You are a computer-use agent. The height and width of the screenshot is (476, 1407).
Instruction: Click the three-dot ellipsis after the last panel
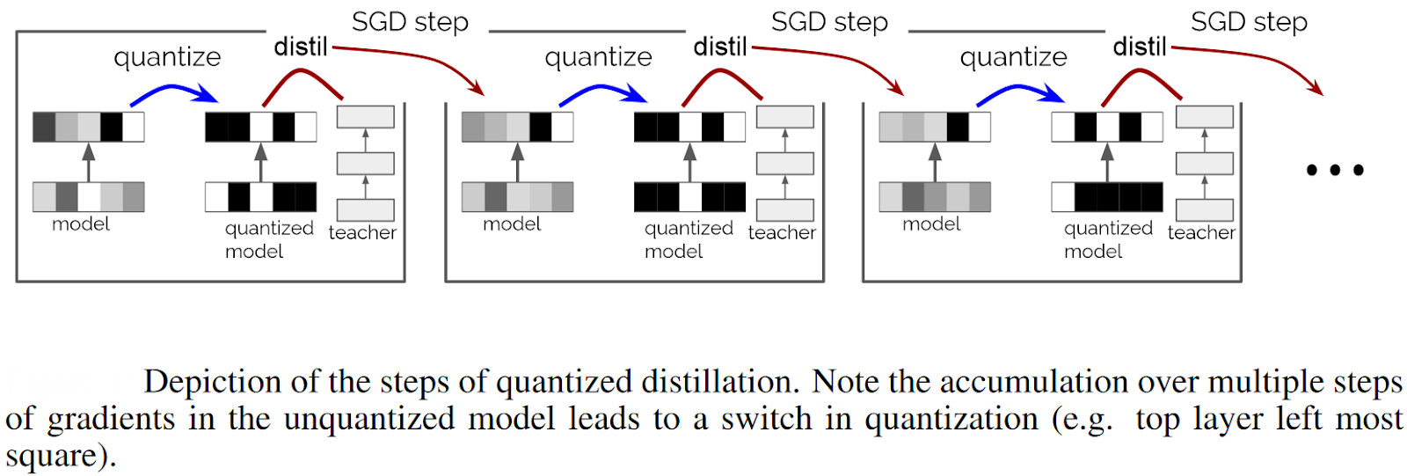[1334, 170]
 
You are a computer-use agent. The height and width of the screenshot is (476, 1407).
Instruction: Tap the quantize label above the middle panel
[598, 57]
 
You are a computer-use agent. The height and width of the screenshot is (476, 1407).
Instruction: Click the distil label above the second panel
[719, 47]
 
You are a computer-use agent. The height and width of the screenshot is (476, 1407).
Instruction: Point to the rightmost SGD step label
[1249, 22]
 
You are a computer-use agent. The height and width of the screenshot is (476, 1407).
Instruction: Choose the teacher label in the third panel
[1201, 232]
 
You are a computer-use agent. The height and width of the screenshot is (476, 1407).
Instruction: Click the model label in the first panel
[81, 224]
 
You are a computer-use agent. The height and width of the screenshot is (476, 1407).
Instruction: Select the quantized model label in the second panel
[688, 239]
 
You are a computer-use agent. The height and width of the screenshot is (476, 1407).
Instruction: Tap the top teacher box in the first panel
[366, 117]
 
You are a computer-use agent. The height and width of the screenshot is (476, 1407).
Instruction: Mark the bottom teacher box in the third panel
[1204, 209]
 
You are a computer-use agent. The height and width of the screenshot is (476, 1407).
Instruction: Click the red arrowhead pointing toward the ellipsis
[1316, 88]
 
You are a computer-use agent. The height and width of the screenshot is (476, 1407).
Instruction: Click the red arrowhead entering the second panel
[477, 88]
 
